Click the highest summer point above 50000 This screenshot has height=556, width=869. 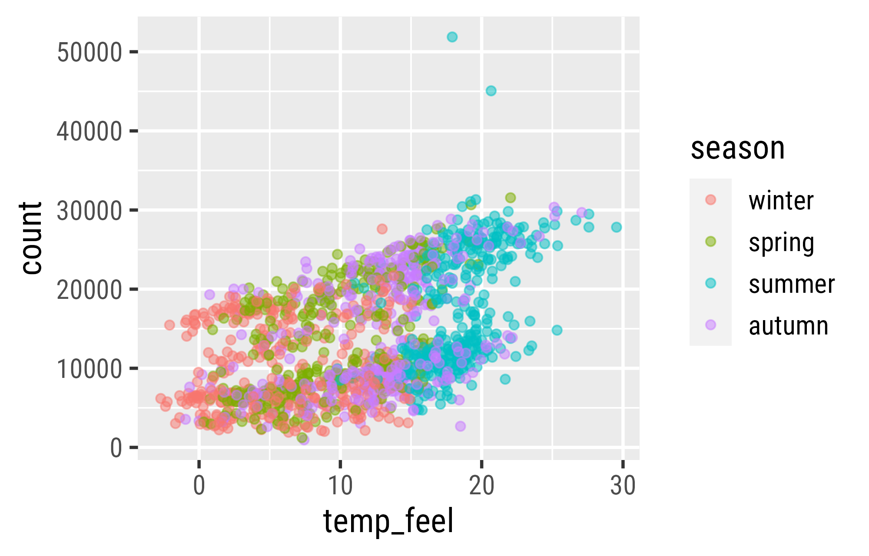click(452, 37)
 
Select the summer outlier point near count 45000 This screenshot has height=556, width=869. click(491, 91)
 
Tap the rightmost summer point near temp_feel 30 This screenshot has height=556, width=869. click(617, 227)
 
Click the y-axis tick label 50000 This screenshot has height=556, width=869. click(89, 53)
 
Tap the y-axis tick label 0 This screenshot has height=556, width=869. click(116, 448)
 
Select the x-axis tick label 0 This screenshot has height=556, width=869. click(199, 486)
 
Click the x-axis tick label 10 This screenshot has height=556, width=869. click(340, 486)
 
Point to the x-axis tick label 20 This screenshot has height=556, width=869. click(481, 486)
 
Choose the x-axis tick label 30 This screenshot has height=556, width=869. click(623, 486)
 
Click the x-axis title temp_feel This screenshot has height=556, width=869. click(388, 522)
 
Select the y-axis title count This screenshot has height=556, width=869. click(31, 238)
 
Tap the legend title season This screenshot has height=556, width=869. click(737, 149)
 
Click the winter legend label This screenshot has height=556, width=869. click(781, 201)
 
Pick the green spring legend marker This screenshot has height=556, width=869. click(711, 242)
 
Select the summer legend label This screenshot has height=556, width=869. click(792, 285)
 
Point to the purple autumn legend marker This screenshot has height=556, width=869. click(711, 325)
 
